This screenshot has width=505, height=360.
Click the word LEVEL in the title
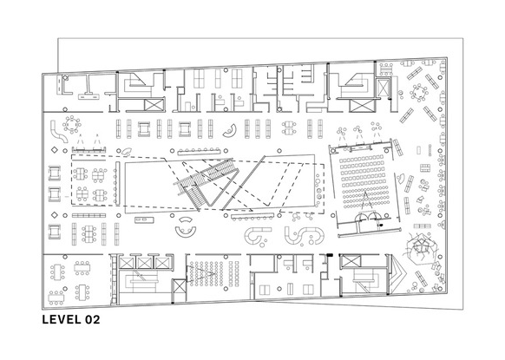click(62, 319)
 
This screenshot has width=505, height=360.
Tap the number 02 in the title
click(93, 319)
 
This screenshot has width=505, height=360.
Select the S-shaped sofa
click(304, 235)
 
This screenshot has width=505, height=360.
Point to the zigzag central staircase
click(207, 184)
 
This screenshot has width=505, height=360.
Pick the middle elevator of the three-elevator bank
click(143, 263)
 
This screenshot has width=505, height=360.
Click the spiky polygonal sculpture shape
click(421, 247)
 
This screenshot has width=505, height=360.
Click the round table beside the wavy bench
click(72, 124)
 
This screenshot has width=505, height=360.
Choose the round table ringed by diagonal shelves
click(419, 92)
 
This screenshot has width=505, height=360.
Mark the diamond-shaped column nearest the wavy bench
click(55, 150)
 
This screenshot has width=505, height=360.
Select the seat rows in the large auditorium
click(363, 182)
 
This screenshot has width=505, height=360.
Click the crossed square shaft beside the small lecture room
click(179, 286)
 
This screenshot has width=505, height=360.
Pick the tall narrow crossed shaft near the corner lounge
click(384, 87)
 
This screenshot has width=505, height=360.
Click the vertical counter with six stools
click(117, 182)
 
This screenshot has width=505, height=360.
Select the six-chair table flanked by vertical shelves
click(89, 233)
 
